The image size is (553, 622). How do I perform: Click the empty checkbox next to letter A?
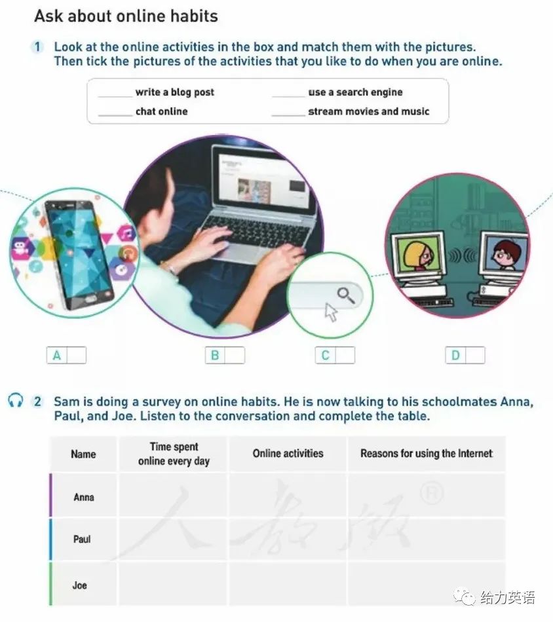tap(76, 355)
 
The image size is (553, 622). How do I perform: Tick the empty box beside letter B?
tap(235, 355)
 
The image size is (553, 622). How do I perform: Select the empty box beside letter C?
tap(345, 355)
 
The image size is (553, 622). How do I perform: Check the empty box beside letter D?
tap(475, 355)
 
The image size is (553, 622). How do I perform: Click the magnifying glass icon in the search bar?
tap(346, 295)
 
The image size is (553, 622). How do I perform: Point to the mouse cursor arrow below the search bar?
tap(331, 312)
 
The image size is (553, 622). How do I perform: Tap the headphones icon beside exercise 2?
tap(16, 400)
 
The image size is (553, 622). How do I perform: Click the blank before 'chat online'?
tap(115, 115)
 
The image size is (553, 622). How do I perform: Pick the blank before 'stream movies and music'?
tap(288, 115)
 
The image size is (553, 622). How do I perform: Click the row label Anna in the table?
tap(84, 497)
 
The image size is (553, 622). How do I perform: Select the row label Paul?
tap(82, 539)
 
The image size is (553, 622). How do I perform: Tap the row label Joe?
tap(79, 585)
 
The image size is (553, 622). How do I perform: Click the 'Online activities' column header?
tap(288, 454)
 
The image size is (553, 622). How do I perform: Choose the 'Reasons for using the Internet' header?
tap(427, 454)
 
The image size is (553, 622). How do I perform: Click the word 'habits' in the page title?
tap(194, 16)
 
